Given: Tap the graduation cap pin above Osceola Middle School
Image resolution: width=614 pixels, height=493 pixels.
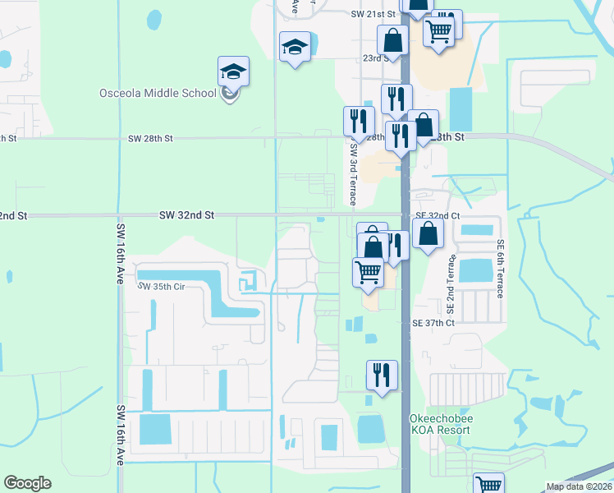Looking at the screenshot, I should point(233,71).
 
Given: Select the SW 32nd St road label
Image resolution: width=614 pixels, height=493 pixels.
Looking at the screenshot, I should point(187,214).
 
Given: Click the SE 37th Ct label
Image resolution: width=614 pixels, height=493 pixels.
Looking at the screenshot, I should point(434,323).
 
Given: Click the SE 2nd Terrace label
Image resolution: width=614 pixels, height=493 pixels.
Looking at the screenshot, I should point(451,283).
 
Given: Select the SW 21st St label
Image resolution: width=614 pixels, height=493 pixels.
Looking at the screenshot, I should point(374,15).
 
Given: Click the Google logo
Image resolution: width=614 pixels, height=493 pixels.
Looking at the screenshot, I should point(27,483).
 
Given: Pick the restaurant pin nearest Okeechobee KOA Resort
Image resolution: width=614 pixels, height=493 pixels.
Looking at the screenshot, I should point(382,375).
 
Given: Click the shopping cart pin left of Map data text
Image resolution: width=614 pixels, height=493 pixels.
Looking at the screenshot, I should point(489,485).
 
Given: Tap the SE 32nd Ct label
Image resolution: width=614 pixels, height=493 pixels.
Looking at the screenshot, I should point(438,215).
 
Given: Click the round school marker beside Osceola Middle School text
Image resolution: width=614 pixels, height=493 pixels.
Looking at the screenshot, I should point(231,94).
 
